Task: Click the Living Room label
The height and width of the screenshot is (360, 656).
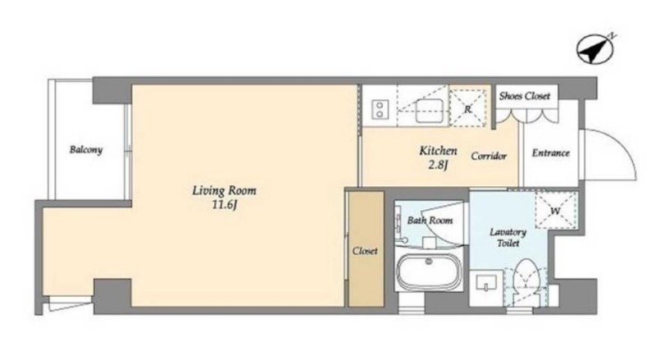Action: pyautogui.click(x=224, y=191)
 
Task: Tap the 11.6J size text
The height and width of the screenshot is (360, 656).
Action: pyautogui.click(x=225, y=206)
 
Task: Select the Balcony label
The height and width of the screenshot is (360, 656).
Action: pyautogui.click(x=86, y=149)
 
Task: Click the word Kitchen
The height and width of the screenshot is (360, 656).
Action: pyautogui.click(x=438, y=151)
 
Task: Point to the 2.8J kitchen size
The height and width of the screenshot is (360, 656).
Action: pyautogui.click(x=438, y=165)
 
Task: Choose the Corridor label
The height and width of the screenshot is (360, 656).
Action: pyautogui.click(x=489, y=156)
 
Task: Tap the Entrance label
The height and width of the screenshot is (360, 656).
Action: pyautogui.click(x=550, y=153)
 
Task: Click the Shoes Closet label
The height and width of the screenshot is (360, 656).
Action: pyautogui.click(x=525, y=96)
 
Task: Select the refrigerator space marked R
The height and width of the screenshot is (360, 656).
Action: pyautogui.click(x=468, y=109)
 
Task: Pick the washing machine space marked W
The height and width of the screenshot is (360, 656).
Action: pyautogui.click(x=556, y=211)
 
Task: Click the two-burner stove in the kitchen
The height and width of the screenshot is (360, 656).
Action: pyautogui.click(x=380, y=109)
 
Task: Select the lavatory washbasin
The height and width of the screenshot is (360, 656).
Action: pyautogui.click(x=486, y=284)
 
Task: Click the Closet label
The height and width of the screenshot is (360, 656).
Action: pyautogui.click(x=365, y=251)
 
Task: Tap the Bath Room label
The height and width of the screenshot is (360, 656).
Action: pyautogui.click(x=430, y=220)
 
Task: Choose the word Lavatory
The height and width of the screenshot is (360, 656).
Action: pyautogui.click(x=508, y=231)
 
